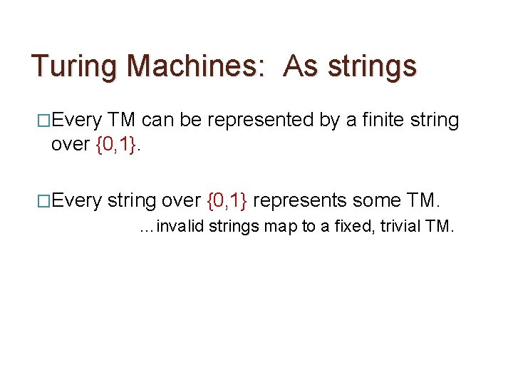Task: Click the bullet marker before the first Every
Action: (43, 120)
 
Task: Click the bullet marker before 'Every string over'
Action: (43, 200)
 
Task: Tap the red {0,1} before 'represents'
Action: (227, 200)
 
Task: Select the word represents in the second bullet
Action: (300, 201)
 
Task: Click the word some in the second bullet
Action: (375, 200)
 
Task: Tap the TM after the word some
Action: (421, 200)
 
